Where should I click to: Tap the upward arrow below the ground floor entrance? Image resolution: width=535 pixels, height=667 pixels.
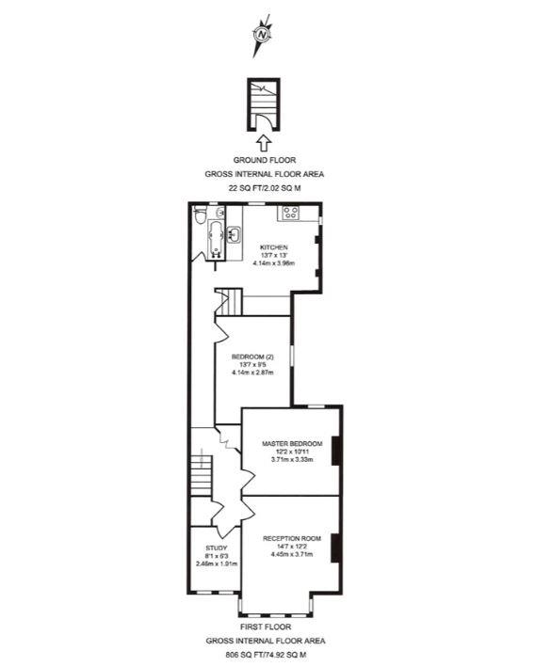point(264,144)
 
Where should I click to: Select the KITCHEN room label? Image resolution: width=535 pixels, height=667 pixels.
point(273,247)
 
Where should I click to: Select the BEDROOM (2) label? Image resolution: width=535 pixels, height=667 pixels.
point(251,357)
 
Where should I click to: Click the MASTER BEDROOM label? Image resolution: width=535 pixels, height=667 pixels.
point(293,443)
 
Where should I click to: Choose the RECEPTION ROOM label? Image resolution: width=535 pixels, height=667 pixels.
point(292,538)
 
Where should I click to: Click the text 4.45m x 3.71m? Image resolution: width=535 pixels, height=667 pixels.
point(292,555)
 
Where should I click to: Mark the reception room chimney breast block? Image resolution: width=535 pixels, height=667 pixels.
point(337,545)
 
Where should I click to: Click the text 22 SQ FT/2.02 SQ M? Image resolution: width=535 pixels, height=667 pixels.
point(264,187)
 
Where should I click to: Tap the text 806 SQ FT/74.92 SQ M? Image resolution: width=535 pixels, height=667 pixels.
point(264,654)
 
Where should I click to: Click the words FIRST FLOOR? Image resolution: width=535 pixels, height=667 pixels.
point(264,626)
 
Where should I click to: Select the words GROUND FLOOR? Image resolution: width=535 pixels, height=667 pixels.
point(264,161)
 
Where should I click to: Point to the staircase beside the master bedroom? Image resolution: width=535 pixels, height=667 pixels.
point(201,467)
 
